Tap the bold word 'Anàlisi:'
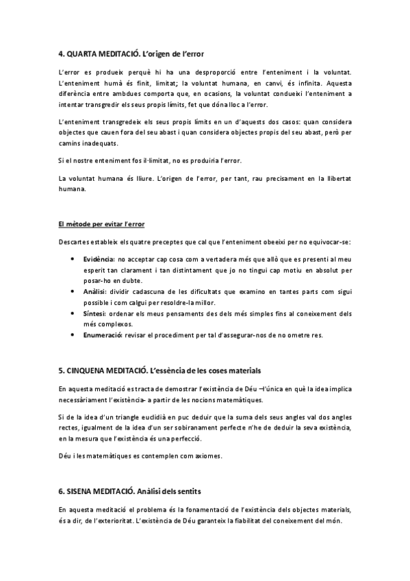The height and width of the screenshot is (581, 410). (94, 291)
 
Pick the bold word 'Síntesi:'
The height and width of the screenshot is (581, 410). (94, 313)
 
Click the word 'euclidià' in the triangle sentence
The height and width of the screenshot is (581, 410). (144, 417)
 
